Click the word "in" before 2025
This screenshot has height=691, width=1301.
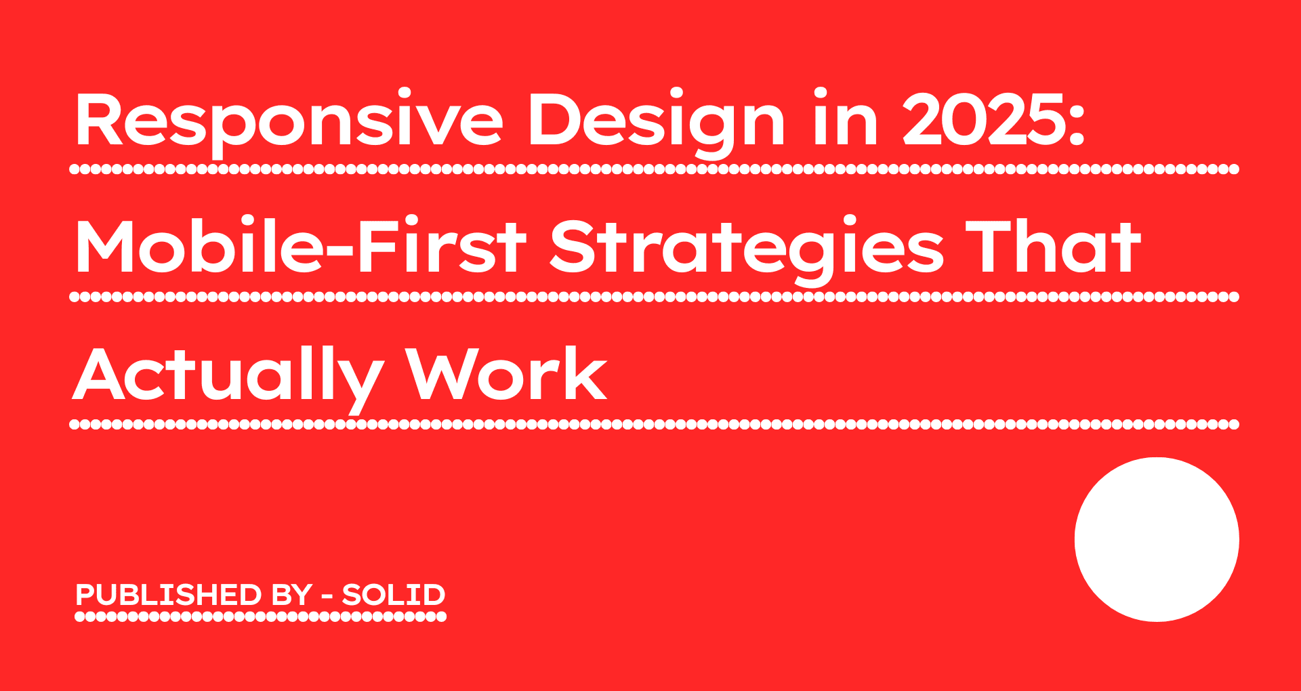(x=846, y=121)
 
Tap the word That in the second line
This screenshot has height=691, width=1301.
(x=1054, y=247)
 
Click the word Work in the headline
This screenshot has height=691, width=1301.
(x=505, y=375)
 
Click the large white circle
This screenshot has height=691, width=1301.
(x=1157, y=539)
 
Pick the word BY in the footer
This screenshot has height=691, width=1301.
(x=291, y=595)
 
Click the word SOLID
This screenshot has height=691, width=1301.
(x=394, y=595)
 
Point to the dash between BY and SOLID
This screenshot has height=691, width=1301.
(x=327, y=597)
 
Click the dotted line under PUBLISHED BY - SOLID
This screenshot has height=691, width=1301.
(x=260, y=616)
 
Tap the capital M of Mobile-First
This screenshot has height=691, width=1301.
(x=103, y=247)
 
